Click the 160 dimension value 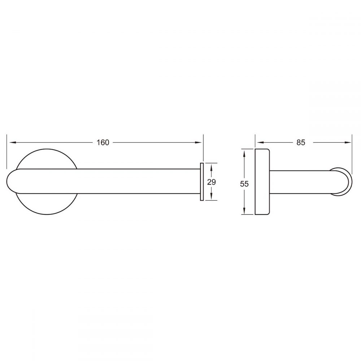click(x=103, y=143)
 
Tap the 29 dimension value click(x=211, y=182)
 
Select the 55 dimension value click(x=244, y=184)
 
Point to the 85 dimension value click(x=301, y=143)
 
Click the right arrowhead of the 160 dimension click(x=199, y=143)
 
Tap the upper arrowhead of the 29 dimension click(x=211, y=167)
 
